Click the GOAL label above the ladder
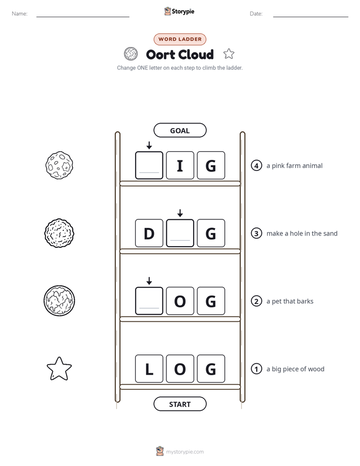[x=179, y=130]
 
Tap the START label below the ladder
[x=179, y=404]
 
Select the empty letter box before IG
[x=149, y=165]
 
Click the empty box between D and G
[x=180, y=233]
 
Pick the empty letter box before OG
[x=149, y=301]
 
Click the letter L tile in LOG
[x=149, y=369]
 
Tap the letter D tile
[x=149, y=233]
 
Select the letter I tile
[x=180, y=165]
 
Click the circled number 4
[x=256, y=165]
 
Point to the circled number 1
[x=256, y=369]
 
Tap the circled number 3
[x=256, y=234]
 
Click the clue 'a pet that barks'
[x=290, y=302]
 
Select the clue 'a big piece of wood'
[x=295, y=369]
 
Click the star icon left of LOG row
[x=59, y=369]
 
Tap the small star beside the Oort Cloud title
[x=229, y=54]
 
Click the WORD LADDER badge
[x=179, y=39]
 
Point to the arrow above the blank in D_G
[x=180, y=213]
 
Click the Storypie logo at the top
[x=179, y=11]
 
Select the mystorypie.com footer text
[x=185, y=452]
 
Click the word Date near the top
[x=256, y=14]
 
